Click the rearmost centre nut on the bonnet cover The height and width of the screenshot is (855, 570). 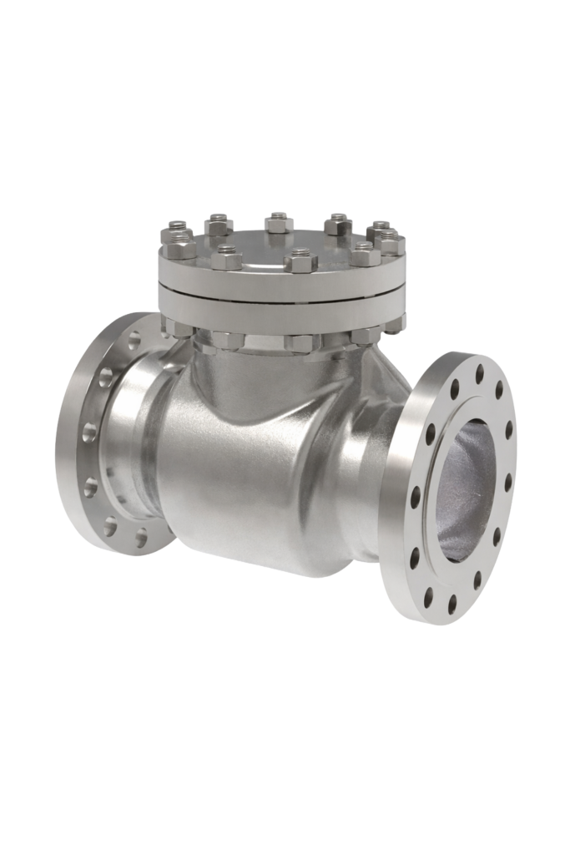tap(278, 223)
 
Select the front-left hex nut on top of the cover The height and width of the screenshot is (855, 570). tap(226, 257)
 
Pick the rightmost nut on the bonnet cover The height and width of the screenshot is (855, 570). tap(391, 244)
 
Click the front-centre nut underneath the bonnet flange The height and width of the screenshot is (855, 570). tap(300, 342)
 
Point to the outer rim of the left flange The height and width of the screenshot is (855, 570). tap(63, 434)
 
